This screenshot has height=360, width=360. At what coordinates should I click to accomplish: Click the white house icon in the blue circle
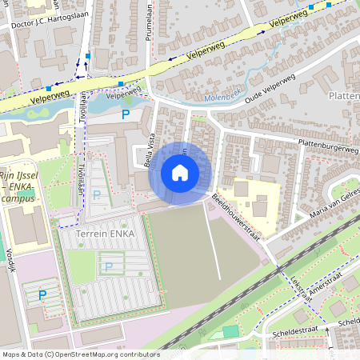pos(180,173)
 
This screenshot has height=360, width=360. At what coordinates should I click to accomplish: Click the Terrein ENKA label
pos(106,233)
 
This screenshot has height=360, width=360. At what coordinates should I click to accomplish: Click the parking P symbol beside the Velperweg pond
pos(126,115)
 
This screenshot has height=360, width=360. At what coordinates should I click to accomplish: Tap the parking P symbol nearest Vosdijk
pos(42,295)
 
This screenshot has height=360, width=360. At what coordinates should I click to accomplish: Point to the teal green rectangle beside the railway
pos(230,330)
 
